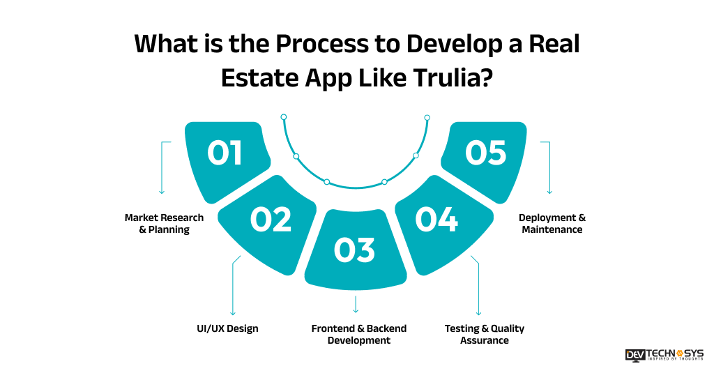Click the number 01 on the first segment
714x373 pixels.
pos(225,153)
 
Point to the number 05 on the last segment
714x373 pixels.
pos(485,153)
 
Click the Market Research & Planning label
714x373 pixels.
pos(164,223)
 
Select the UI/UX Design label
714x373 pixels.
pos(227,328)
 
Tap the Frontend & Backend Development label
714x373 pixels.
pos(358,334)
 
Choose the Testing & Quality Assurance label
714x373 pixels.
pos(484,334)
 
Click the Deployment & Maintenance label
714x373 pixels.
pos(552,223)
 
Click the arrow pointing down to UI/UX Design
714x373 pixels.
pos(233,312)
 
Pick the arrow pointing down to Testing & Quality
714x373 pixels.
pos(479,312)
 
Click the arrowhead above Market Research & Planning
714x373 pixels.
pos(162,191)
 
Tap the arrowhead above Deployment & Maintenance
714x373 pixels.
pos(549,191)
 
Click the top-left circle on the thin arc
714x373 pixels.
pos(284,117)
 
